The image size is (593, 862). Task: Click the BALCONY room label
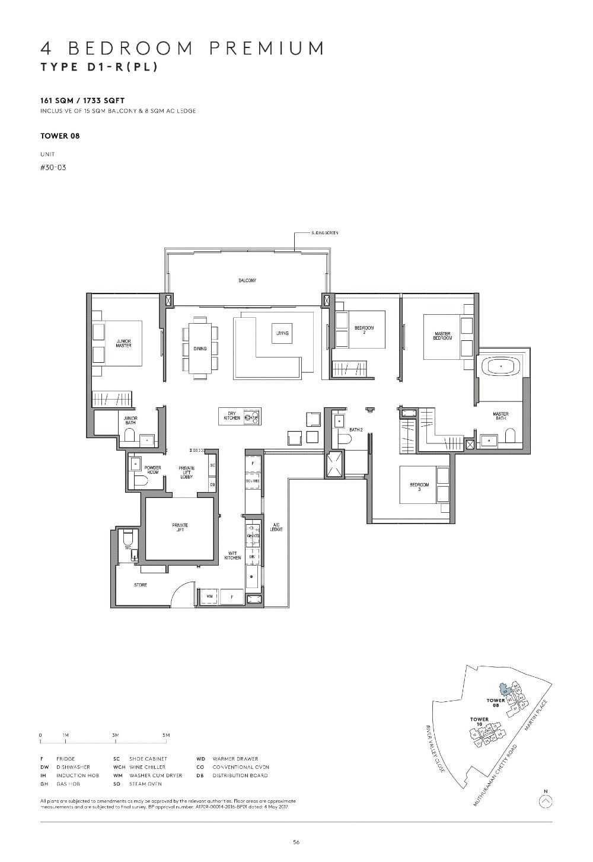coord(247,280)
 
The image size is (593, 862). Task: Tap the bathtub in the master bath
coord(502,367)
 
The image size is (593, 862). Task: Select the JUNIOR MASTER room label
coord(123,343)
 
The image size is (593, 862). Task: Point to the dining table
coord(200,349)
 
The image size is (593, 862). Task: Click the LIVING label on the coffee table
coord(282,333)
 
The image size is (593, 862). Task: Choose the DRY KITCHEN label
coord(232,417)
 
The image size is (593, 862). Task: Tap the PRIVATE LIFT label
coord(180,527)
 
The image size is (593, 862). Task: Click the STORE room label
coord(141,585)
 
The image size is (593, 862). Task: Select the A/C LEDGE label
coord(276,526)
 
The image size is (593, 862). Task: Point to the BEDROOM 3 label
coord(419,486)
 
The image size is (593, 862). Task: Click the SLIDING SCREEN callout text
coord(325,234)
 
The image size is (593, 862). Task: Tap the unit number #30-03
coord(53,167)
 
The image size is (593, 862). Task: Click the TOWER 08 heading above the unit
coord(60,136)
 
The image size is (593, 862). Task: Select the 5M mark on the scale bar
coord(166,735)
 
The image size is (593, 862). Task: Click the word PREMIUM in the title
coord(267,48)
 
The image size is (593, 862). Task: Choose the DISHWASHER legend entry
coord(73,767)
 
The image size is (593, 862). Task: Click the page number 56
coord(296,842)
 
